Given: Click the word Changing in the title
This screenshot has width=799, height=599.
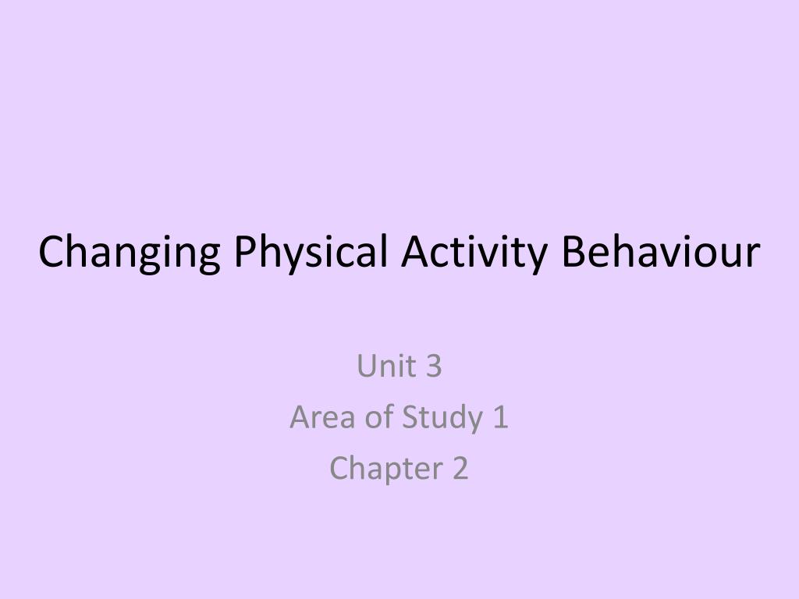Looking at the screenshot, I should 128,253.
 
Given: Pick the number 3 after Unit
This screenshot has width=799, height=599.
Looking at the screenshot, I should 434,366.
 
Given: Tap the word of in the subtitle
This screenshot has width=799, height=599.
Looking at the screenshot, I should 378,417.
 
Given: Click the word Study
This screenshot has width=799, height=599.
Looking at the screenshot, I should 442,419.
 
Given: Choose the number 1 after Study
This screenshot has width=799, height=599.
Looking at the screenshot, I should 500,417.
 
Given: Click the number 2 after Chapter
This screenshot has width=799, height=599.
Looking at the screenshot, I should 460,468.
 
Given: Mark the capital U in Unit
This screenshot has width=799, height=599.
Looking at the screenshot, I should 367,366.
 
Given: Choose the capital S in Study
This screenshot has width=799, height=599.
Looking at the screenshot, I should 410,417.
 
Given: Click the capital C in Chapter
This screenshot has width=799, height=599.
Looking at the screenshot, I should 339,468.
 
